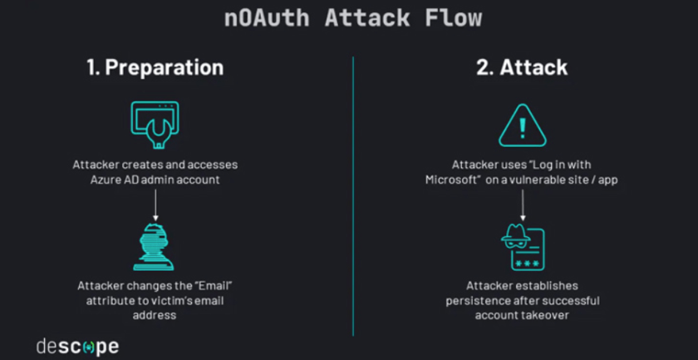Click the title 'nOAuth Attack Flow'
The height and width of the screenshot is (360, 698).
click(x=352, y=18)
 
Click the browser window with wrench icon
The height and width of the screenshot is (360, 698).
click(x=155, y=122)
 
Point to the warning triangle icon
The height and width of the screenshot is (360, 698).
click(x=522, y=126)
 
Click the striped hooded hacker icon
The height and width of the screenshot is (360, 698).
click(x=154, y=246)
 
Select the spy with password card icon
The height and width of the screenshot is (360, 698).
click(x=522, y=248)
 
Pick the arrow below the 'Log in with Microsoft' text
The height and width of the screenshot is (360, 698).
click(x=522, y=205)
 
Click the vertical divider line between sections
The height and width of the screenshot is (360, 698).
click(x=353, y=195)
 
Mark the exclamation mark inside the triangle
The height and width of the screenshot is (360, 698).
click(x=522, y=127)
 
